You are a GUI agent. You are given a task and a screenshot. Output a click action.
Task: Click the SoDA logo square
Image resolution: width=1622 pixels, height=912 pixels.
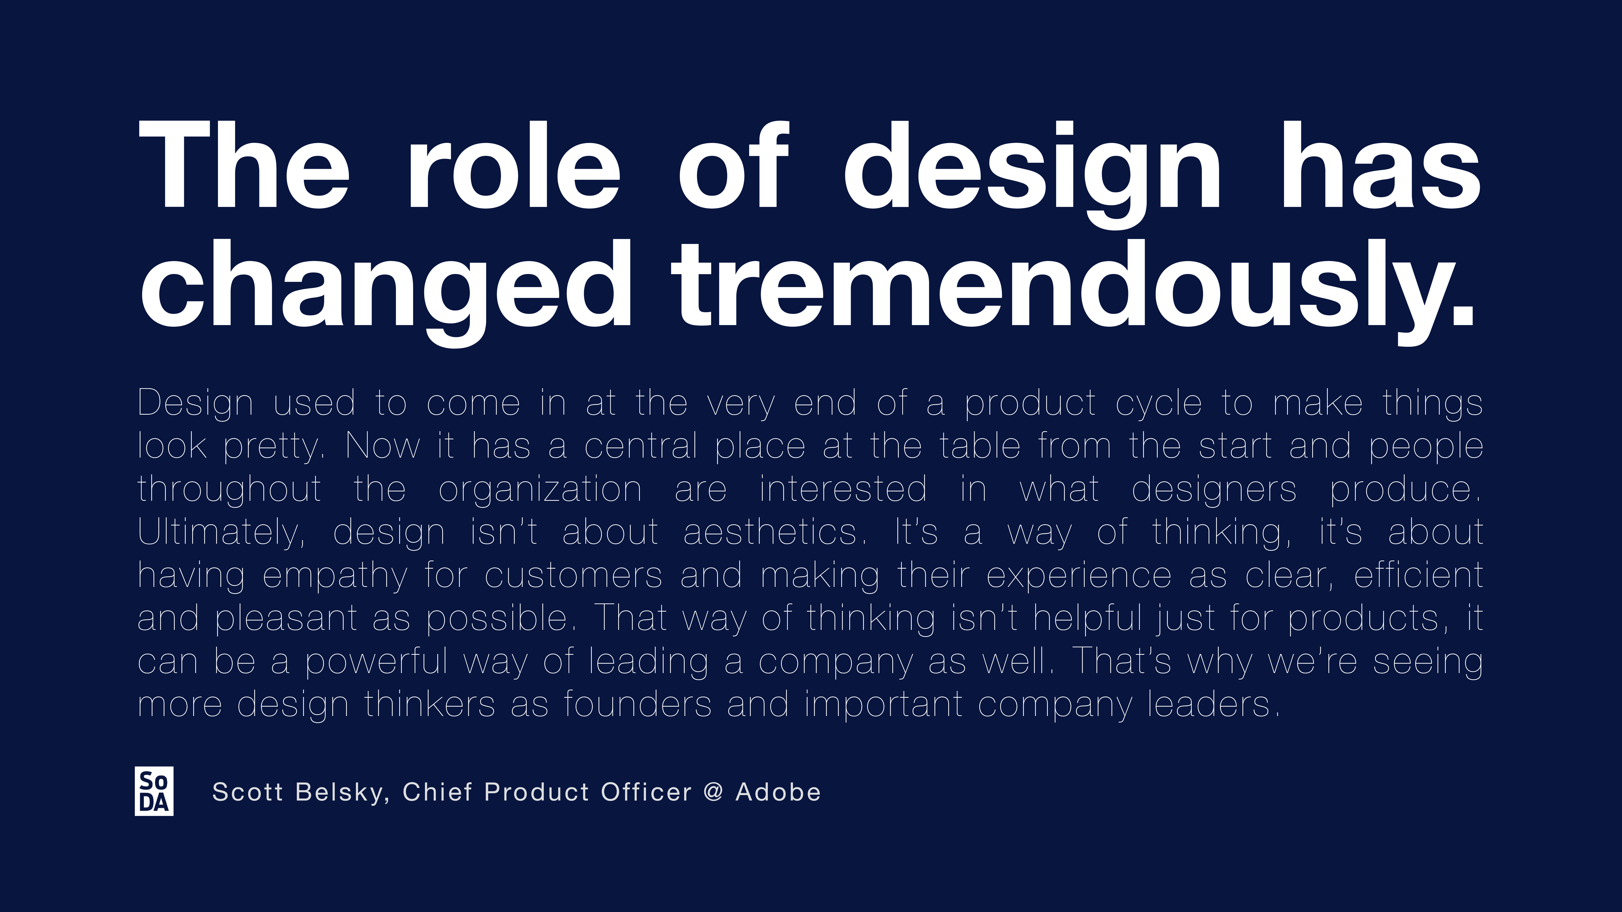154,791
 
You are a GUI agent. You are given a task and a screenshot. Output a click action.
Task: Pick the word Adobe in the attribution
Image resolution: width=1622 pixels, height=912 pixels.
778,792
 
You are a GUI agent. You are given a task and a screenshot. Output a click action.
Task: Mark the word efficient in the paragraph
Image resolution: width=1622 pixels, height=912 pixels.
1419,575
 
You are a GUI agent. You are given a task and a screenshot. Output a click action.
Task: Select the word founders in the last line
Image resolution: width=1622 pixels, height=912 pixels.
638,704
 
